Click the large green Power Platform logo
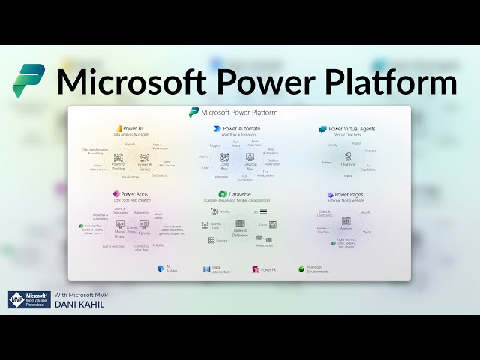point(28,81)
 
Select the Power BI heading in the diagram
point(133,128)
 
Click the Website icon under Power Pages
point(346,221)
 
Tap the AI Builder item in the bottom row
point(166,268)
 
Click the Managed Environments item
point(316,268)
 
